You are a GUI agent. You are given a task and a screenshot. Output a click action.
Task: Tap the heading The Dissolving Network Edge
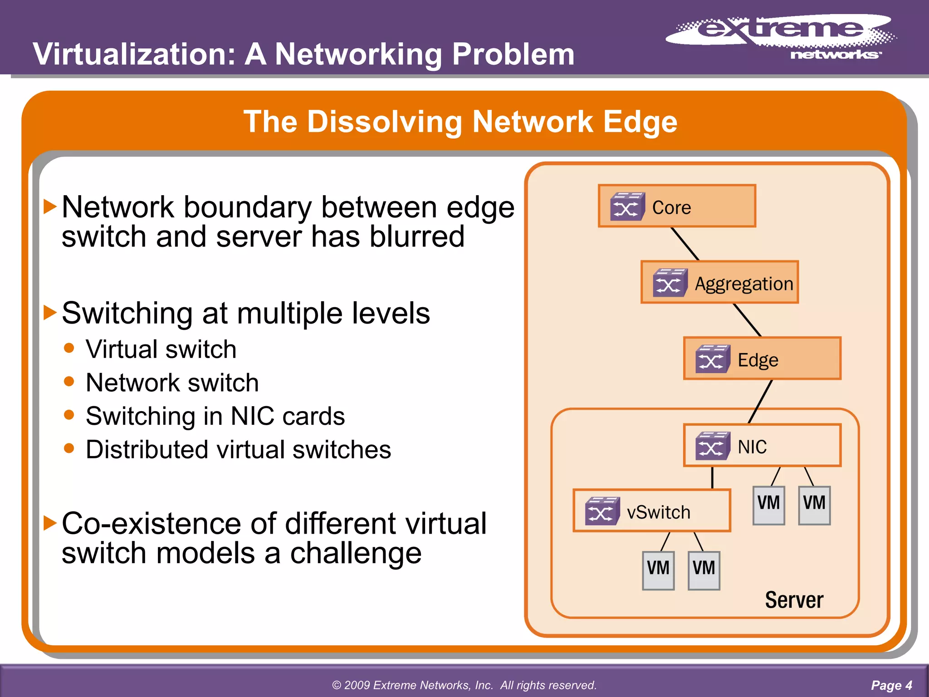(x=460, y=122)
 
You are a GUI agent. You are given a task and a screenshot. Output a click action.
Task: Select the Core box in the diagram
(x=677, y=206)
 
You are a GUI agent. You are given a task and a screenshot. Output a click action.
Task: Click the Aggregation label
(x=744, y=284)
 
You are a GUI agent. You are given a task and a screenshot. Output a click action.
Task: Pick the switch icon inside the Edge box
(x=712, y=359)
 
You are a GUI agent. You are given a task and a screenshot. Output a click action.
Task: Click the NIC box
(x=762, y=446)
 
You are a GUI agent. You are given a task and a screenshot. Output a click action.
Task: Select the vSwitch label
(x=658, y=512)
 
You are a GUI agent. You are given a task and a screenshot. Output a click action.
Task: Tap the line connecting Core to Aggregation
(x=685, y=244)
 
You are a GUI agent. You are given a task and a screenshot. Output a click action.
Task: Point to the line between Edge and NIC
(x=760, y=401)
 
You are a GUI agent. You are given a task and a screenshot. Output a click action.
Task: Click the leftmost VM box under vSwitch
(x=658, y=570)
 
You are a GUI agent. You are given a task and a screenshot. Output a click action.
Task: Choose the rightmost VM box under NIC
(x=814, y=505)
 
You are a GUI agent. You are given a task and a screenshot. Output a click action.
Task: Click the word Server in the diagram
(x=794, y=600)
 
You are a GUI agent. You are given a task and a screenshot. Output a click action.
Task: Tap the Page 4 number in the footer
(x=891, y=685)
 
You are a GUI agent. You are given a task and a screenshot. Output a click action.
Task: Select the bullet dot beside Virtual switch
(x=69, y=348)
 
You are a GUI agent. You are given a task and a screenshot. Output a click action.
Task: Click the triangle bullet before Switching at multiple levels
(x=50, y=313)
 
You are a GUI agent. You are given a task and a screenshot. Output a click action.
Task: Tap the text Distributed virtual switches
(x=238, y=450)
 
